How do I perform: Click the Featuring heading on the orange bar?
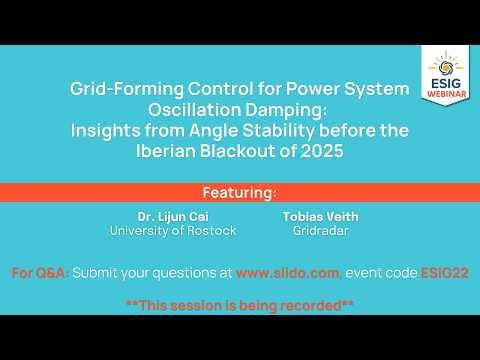[240, 191]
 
